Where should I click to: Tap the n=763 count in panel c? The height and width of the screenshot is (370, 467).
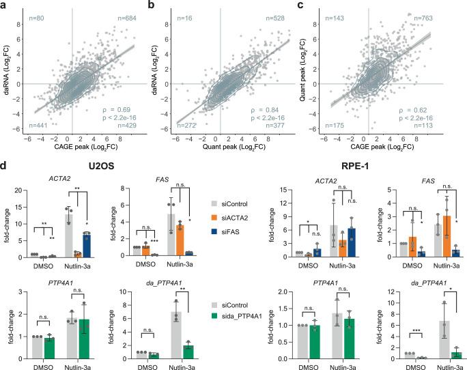444,18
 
